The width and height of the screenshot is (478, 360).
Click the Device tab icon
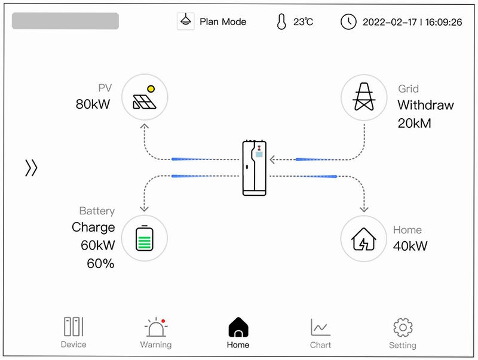73,326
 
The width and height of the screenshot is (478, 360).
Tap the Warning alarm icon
156,327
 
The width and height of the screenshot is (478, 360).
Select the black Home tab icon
238,327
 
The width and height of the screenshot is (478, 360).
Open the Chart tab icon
320,327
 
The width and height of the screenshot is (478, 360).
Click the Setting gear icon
403,327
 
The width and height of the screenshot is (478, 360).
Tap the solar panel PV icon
145,97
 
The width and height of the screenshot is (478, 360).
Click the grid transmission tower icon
364,97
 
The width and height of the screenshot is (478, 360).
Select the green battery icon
145,238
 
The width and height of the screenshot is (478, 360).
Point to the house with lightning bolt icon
364,239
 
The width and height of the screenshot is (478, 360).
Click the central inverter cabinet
255,168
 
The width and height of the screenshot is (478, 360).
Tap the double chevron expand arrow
31,168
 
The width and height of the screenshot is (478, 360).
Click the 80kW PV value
93,104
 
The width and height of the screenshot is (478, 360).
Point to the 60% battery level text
100,263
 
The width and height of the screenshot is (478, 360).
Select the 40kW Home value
410,246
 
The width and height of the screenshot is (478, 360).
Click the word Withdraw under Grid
425,105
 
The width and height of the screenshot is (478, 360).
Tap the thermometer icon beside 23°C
281,21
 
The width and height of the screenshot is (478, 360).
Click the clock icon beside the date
348,22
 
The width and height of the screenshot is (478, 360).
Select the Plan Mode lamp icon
186,21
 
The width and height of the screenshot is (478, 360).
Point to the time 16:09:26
443,22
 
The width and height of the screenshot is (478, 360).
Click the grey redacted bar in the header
65,21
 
